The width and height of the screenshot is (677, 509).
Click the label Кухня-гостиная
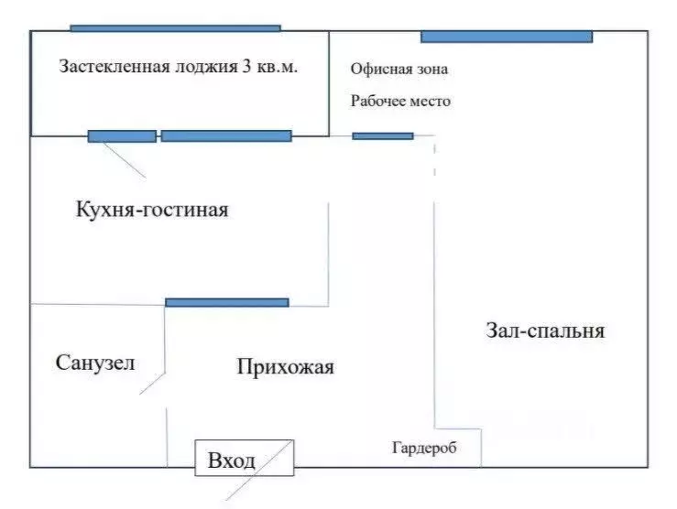[151, 211]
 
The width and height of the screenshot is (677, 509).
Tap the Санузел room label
[95, 363]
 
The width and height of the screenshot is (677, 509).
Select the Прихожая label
[285, 368]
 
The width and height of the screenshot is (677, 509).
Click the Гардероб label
[424, 449]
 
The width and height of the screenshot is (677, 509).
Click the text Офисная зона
[399, 70]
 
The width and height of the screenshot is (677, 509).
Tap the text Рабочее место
[400, 102]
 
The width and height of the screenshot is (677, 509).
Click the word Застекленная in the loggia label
[114, 67]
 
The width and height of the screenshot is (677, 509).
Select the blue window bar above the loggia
[175, 28]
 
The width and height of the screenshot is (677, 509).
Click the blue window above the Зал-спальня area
[507, 37]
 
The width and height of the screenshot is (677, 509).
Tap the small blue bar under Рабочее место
[383, 136]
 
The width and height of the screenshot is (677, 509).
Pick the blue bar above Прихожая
[227, 302]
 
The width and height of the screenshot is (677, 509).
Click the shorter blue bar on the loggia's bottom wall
[122, 136]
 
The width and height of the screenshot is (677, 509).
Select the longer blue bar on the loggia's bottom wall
[226, 136]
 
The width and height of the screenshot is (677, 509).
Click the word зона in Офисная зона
[431, 70]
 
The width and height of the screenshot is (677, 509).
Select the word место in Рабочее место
[431, 102]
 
